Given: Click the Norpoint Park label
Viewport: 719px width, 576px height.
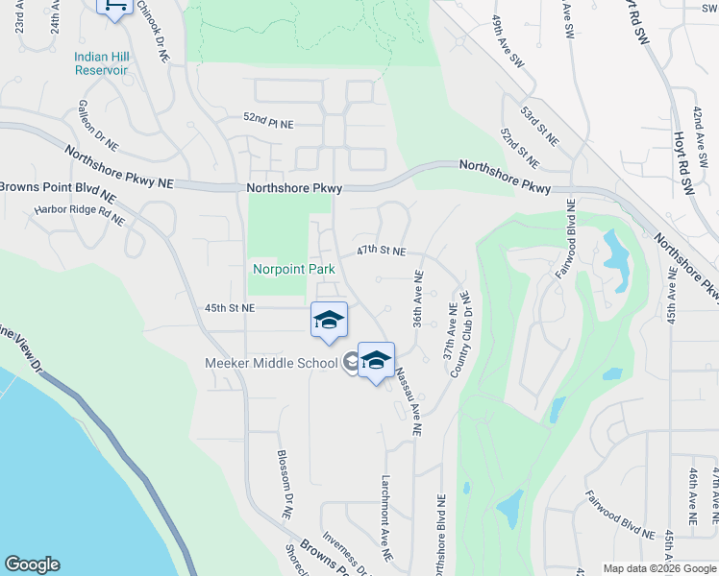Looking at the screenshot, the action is (x=293, y=269).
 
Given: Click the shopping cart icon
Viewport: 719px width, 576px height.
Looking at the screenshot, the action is (x=114, y=7).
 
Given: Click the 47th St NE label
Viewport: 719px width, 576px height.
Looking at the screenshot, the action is (x=381, y=250).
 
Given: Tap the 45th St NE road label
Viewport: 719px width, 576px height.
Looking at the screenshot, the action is (x=230, y=307).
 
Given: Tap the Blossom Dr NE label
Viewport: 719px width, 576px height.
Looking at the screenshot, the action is (x=284, y=484).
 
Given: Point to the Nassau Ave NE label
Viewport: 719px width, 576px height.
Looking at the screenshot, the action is (x=407, y=403).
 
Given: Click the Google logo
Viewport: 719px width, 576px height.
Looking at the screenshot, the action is (x=32, y=564).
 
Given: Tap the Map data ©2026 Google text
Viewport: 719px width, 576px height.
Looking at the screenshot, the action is (x=658, y=568).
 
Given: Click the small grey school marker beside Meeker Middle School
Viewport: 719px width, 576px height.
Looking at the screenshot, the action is (x=351, y=362).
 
